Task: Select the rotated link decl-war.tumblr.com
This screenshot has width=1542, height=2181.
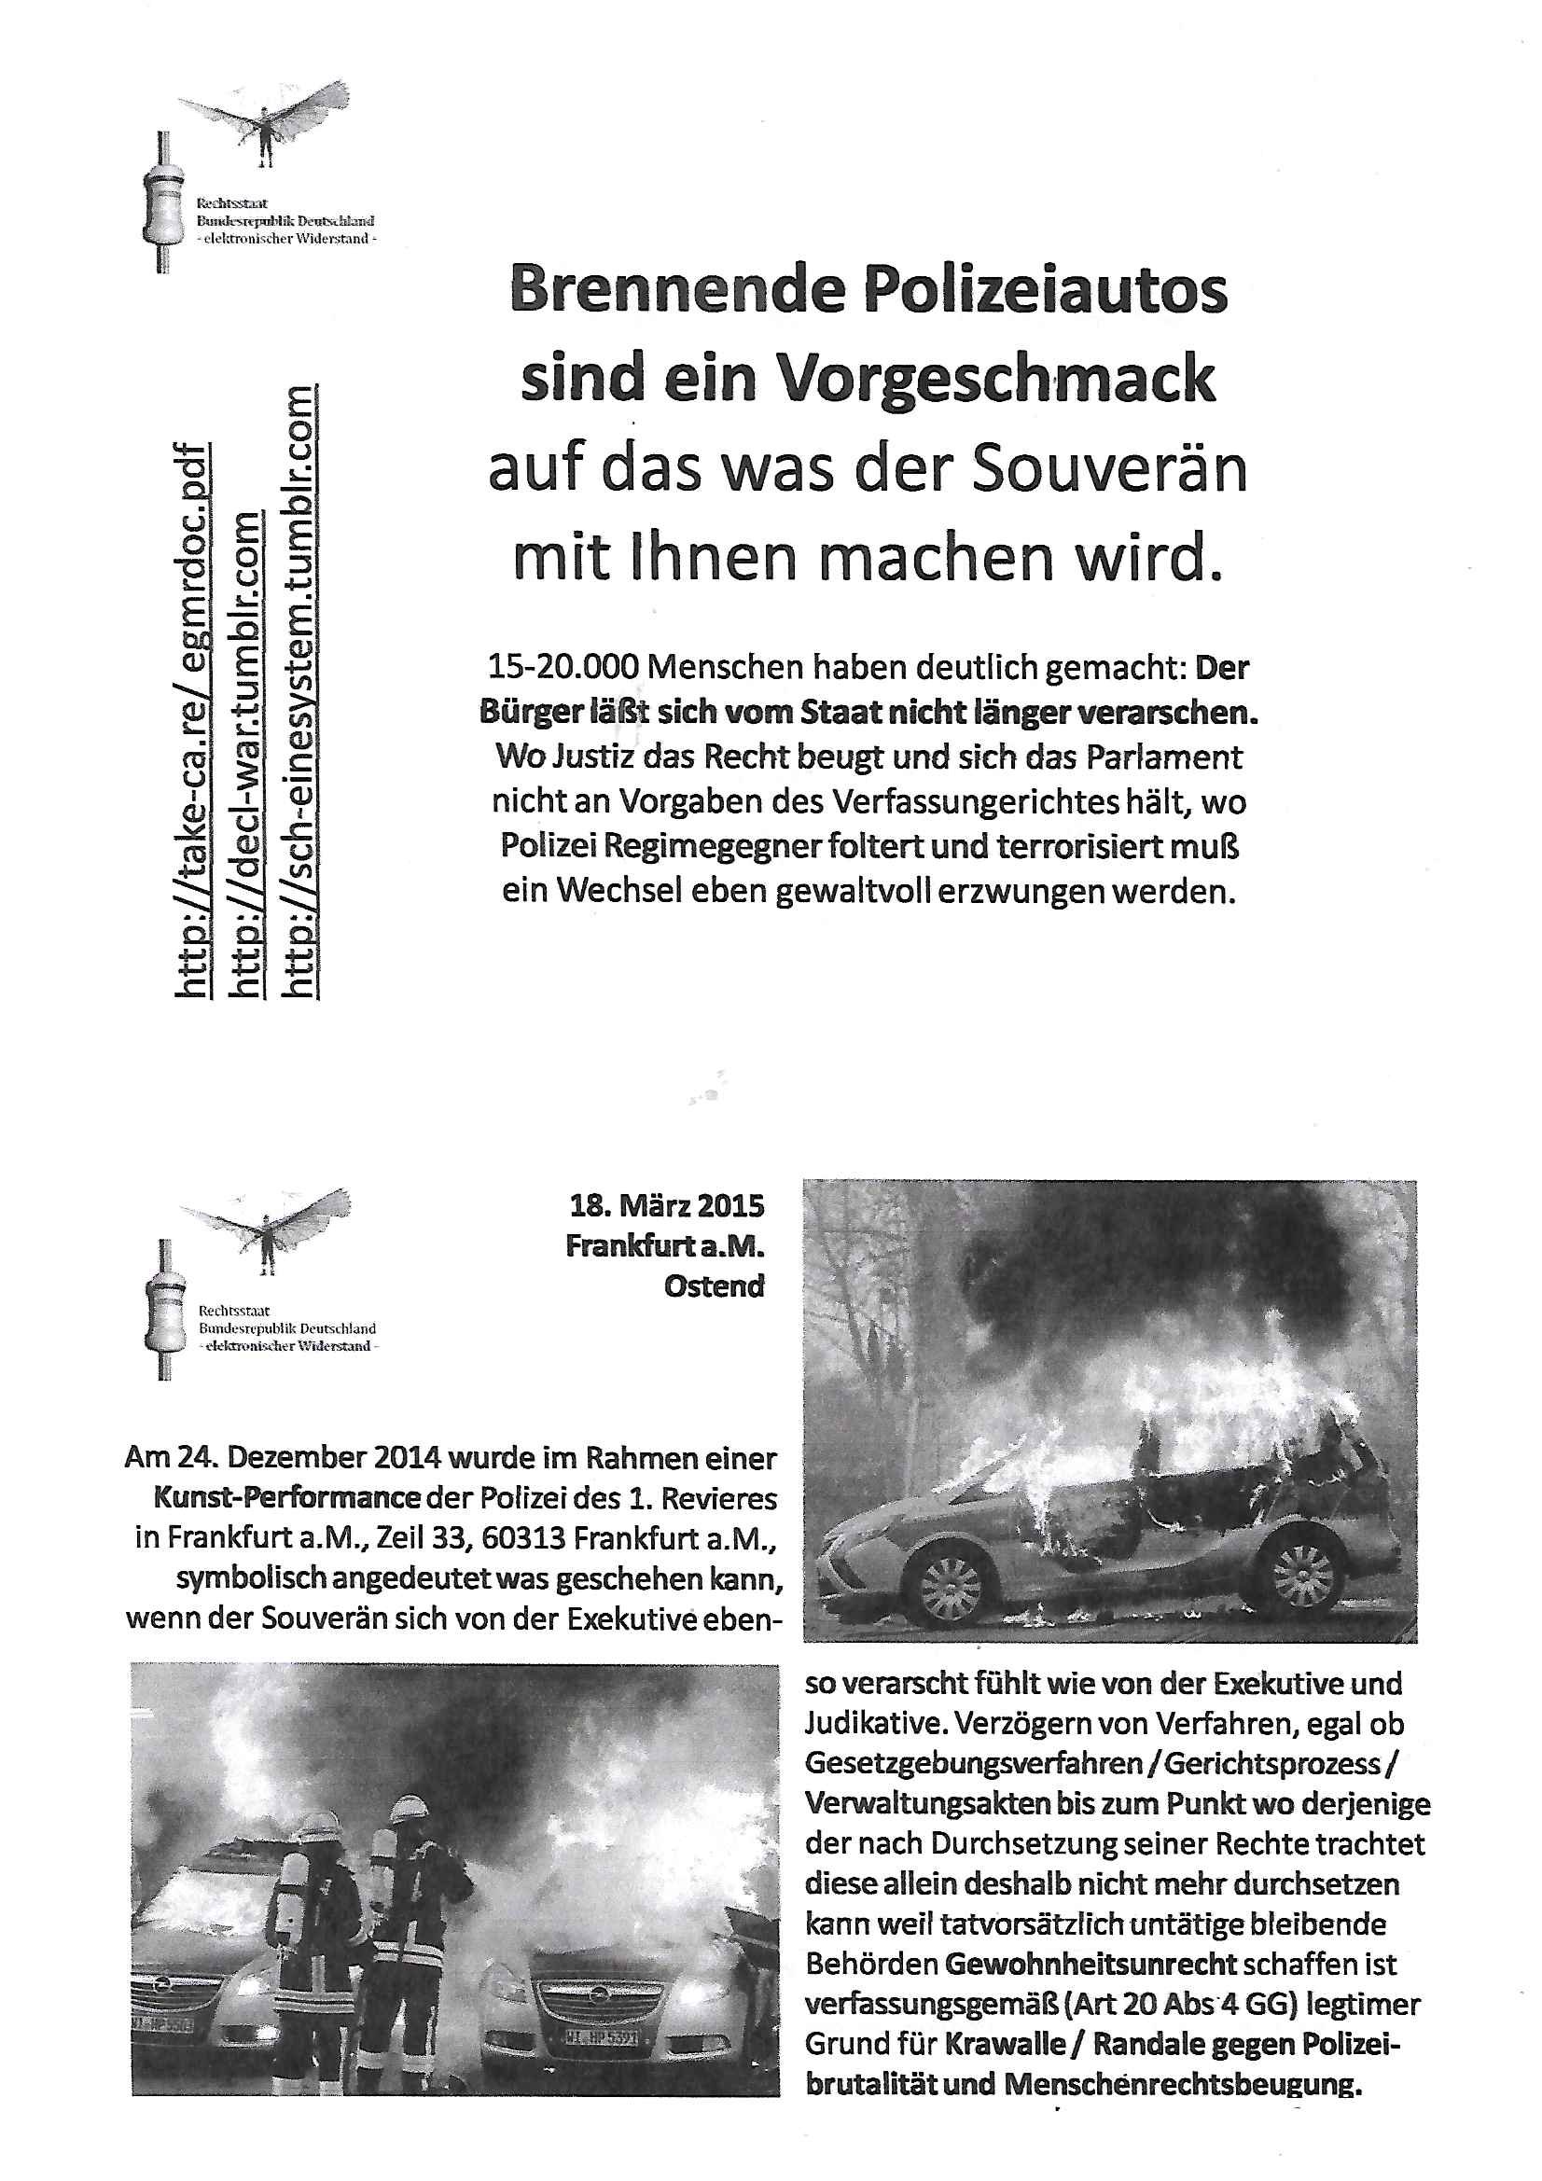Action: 248,755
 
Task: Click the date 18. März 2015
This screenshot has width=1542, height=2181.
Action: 666,1206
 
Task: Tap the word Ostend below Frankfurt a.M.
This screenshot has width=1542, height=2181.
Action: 714,1286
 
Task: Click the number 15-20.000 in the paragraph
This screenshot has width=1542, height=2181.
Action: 562,668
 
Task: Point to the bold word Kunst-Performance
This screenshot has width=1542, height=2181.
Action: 287,1498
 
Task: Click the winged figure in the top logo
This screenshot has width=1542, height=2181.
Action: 265,123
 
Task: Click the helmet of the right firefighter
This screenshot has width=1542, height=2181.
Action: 410,1806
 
